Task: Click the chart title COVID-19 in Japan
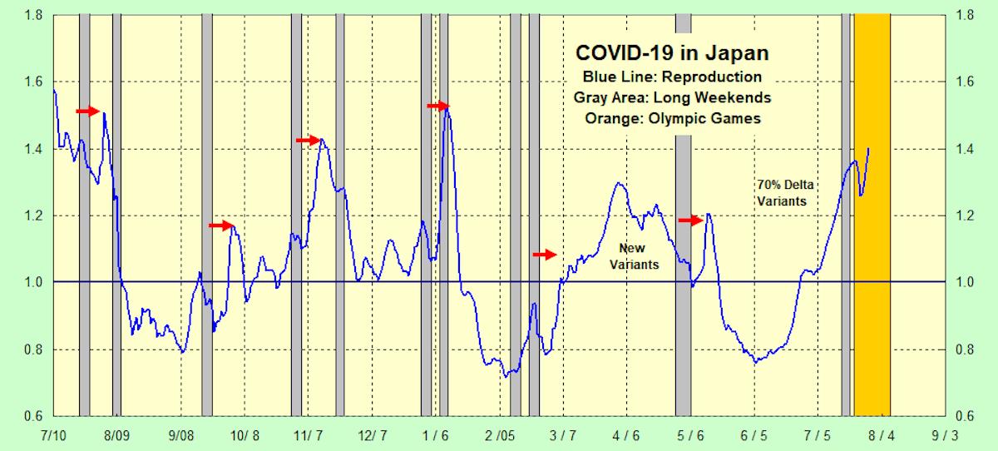[672, 53]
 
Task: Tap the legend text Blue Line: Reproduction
[672, 77]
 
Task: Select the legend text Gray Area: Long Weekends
[672, 97]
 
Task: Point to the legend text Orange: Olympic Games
[672, 118]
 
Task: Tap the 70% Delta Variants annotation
[781, 192]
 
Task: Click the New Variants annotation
[638, 256]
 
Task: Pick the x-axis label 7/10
[54, 435]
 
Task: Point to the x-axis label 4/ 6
[626, 435]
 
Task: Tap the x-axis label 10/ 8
[245, 435]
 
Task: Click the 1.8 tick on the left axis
[33, 15]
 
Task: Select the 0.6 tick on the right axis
[966, 416]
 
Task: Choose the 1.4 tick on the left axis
[33, 149]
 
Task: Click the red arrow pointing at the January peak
[437, 106]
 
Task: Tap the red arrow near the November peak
[308, 141]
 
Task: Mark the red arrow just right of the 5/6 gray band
[690, 221]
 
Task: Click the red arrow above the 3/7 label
[544, 255]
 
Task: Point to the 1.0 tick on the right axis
[966, 282]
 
